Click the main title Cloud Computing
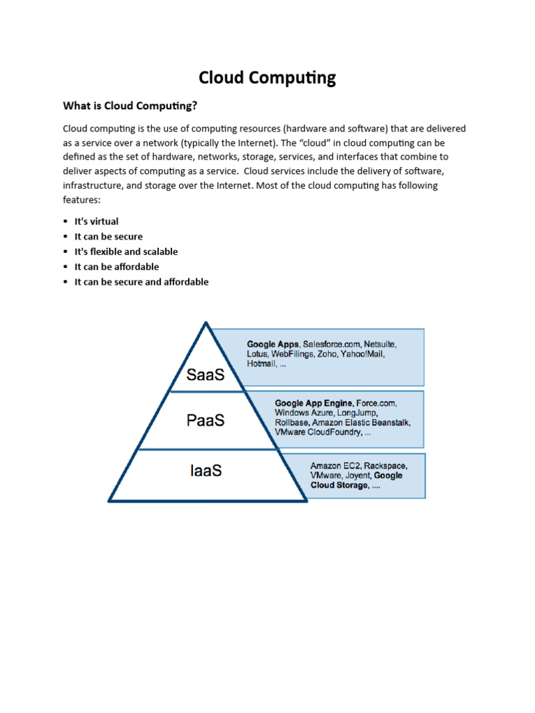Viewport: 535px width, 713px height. [x=267, y=77]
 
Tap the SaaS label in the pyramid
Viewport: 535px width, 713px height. [x=206, y=375]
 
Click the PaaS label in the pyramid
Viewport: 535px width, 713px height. [x=206, y=421]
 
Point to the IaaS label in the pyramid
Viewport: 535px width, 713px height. [x=206, y=471]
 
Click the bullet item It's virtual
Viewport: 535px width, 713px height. [x=96, y=221]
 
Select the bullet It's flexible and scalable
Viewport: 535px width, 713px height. [x=126, y=251]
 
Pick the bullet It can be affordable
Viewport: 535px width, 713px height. [x=116, y=267]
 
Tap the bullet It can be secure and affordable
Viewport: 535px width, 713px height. [x=141, y=282]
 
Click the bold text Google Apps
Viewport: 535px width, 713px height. [x=273, y=345]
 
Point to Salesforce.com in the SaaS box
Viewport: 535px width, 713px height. [x=332, y=345]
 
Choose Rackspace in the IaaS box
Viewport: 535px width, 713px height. [x=386, y=465]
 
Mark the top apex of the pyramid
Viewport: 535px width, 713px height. [x=206, y=322]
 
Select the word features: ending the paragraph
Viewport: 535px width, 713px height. [x=82, y=200]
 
